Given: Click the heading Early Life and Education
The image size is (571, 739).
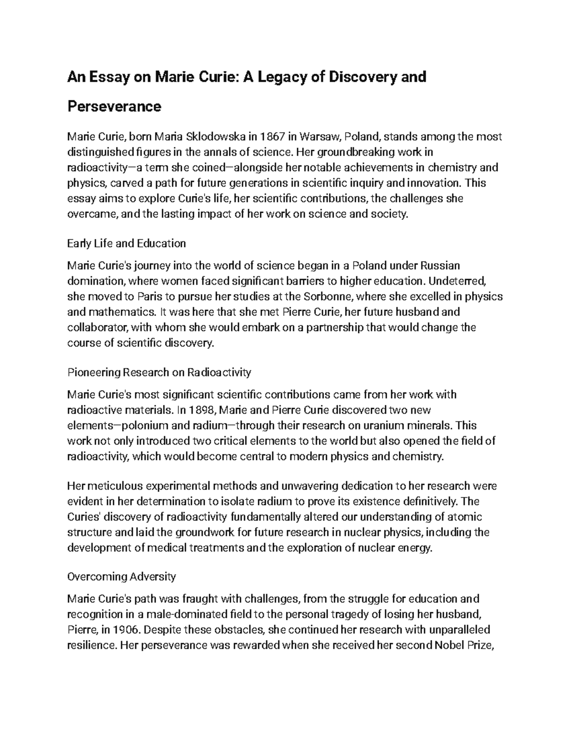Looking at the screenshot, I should point(127,244).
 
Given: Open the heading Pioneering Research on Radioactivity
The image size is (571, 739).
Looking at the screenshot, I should point(159,372).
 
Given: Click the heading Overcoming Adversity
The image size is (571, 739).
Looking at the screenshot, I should point(122,577).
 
